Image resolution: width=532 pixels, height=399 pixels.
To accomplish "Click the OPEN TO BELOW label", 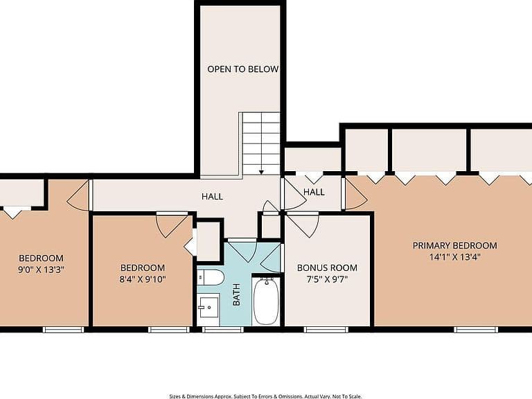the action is tap(243, 69).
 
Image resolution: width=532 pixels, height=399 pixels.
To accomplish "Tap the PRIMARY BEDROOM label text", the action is tap(454, 245).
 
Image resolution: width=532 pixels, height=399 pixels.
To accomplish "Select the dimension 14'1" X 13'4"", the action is tap(454, 257).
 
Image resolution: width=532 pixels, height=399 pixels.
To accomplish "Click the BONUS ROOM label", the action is tap(327, 267).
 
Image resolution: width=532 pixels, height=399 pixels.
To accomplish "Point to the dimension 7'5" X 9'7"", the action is tap(327, 280).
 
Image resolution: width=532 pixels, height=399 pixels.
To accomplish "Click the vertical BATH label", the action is tap(236, 294).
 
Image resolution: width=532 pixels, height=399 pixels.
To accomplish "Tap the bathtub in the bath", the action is tap(266, 301).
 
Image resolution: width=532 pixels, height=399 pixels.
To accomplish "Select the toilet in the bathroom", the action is tap(211, 277).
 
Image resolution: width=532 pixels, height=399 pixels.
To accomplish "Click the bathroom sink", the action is tap(209, 306).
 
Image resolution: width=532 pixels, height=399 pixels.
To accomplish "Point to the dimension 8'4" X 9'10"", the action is tap(143, 280).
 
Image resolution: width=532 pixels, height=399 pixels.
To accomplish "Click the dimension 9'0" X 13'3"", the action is tap(41, 270).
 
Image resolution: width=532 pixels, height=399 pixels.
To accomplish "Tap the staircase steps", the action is tap(261, 144).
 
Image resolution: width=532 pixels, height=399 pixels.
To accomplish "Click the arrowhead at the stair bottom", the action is tap(261, 172).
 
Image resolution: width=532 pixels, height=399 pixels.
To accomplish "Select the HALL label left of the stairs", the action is tap(213, 197).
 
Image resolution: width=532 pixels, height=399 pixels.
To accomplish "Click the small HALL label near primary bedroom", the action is tap(314, 192).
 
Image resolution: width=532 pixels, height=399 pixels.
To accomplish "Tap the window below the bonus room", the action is tap(326, 329).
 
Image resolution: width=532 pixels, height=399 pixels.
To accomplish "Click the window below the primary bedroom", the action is tap(476, 329).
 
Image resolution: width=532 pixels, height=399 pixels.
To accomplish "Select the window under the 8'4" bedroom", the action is tap(169, 329).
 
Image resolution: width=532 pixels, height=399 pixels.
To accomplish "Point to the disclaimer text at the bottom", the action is tap(266, 396).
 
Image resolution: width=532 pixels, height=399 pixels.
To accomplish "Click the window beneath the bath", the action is tap(223, 329).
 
